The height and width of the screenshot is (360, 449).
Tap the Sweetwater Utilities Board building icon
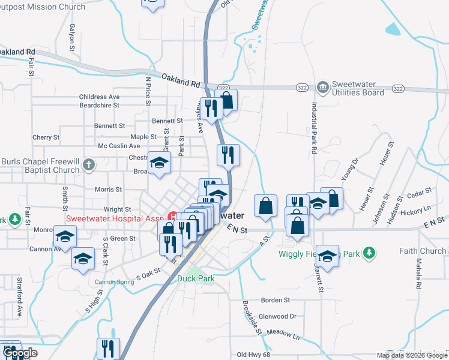click(322, 88)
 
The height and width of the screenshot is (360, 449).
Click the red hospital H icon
click(173, 216)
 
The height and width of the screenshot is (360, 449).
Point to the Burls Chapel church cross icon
click(89, 164)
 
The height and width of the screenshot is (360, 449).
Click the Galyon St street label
click(71, 37)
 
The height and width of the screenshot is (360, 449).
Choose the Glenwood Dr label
click(277, 316)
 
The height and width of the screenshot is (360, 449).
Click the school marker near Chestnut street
click(160, 163)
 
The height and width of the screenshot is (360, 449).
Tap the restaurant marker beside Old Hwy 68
click(108, 348)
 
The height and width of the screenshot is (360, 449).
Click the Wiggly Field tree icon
click(371, 254)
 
